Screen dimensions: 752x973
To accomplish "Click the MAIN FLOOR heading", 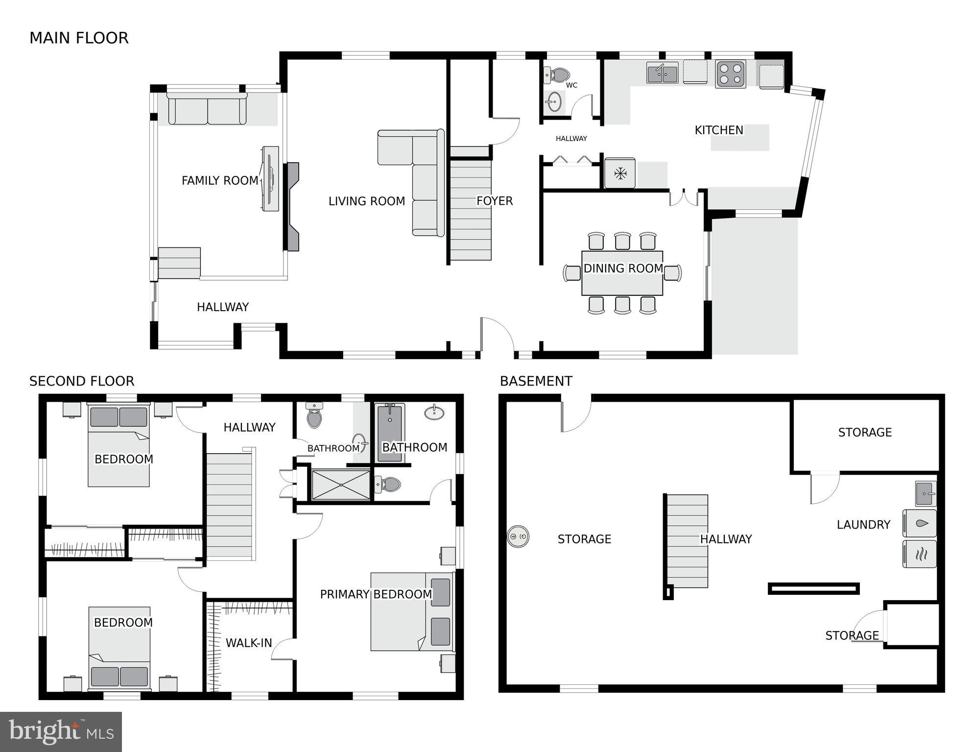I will [79, 38].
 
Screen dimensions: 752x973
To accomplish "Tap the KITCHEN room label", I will [718, 130].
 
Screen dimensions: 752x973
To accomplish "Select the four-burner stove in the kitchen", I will [730, 74].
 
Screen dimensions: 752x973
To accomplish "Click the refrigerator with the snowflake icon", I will [620, 173].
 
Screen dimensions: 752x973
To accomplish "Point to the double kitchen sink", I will [662, 73].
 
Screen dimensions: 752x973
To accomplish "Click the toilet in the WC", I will [557, 75].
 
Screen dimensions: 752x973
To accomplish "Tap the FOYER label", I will [495, 201].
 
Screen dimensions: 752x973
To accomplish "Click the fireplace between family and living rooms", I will [292, 207].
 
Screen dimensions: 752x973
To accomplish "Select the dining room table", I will [622, 273].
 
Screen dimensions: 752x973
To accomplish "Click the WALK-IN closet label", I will [249, 643].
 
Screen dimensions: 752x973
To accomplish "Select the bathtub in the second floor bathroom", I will [390, 433].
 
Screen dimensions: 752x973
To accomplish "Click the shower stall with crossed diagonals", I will [341, 485].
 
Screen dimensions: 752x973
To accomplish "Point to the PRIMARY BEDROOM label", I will [376, 594].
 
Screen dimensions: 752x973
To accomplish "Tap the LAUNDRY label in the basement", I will [863, 525].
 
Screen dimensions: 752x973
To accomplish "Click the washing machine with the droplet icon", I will [920, 524].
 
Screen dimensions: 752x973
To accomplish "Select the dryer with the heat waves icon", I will [920, 554].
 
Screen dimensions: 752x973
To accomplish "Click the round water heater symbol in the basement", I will [518, 537].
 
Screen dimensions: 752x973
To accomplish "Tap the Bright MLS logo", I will [61, 731].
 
